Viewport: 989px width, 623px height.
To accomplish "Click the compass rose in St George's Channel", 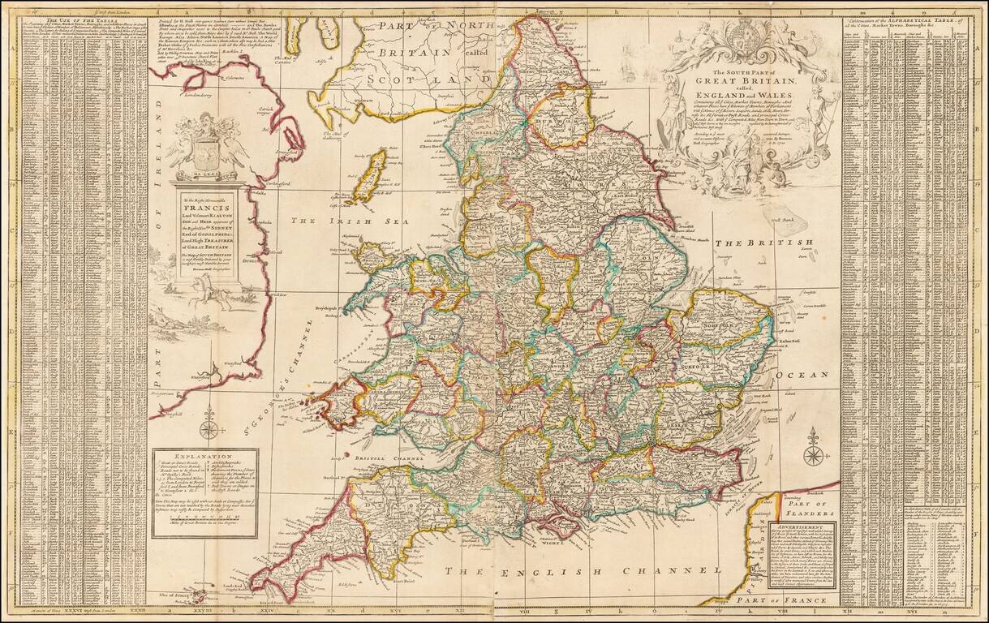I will [x=209, y=424].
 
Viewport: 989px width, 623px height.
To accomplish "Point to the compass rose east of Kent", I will [x=813, y=448].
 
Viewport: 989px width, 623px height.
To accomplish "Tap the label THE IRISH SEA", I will [x=329, y=220].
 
